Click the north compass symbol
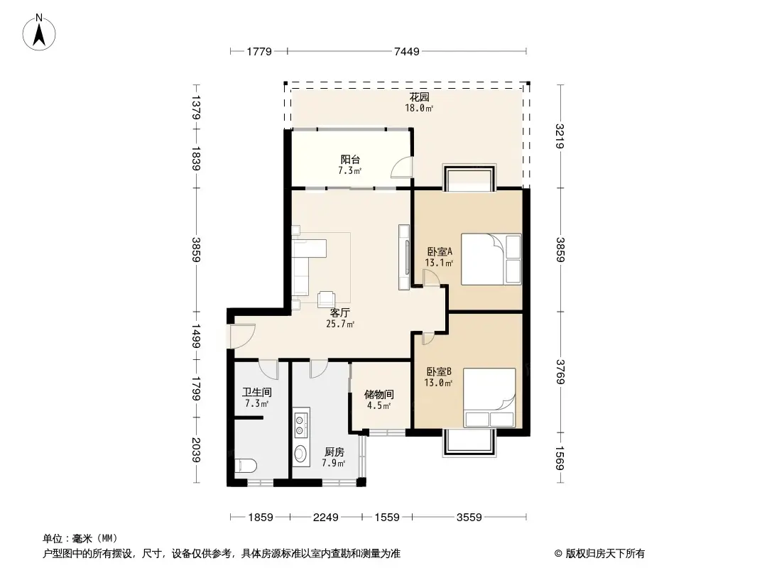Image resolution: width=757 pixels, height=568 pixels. [x=40, y=31]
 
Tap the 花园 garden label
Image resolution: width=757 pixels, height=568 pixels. [x=418, y=97]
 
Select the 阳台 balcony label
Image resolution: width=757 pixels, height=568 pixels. [x=349, y=160]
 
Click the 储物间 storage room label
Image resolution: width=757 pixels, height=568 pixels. [x=378, y=394]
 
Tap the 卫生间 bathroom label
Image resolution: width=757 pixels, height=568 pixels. [x=256, y=392]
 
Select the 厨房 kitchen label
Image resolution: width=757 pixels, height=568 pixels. [x=334, y=452]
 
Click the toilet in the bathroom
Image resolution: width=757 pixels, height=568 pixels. [x=245, y=466]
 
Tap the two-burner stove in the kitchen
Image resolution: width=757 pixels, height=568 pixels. [x=300, y=423]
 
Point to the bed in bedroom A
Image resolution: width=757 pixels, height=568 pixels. [x=491, y=258]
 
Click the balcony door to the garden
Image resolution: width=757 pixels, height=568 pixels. [x=401, y=167]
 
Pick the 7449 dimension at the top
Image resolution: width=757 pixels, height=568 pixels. [x=407, y=51]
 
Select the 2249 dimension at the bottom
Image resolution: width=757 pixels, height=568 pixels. [x=326, y=517]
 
